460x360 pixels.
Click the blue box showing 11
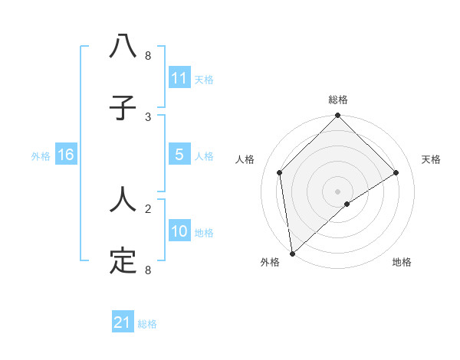pyautogui.click(x=179, y=78)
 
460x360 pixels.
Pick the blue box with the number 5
pyautogui.click(x=179, y=155)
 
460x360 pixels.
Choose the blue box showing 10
pyautogui.click(x=179, y=231)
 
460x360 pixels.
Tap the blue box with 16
pyautogui.click(x=65, y=155)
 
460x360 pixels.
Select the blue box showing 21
pyautogui.click(x=122, y=323)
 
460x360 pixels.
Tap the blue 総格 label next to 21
pyautogui.click(x=147, y=324)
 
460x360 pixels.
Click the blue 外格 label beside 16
pyautogui.click(x=41, y=155)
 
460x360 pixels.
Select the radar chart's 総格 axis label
pyautogui.click(x=338, y=100)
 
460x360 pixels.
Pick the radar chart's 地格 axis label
pyautogui.click(x=402, y=262)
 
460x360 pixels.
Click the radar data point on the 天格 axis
pyautogui.click(x=396, y=172)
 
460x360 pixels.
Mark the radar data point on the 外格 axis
pyautogui.click(x=291, y=254)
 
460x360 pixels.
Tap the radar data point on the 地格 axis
pyautogui.click(x=347, y=204)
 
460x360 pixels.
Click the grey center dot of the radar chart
pyautogui.click(x=338, y=191)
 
